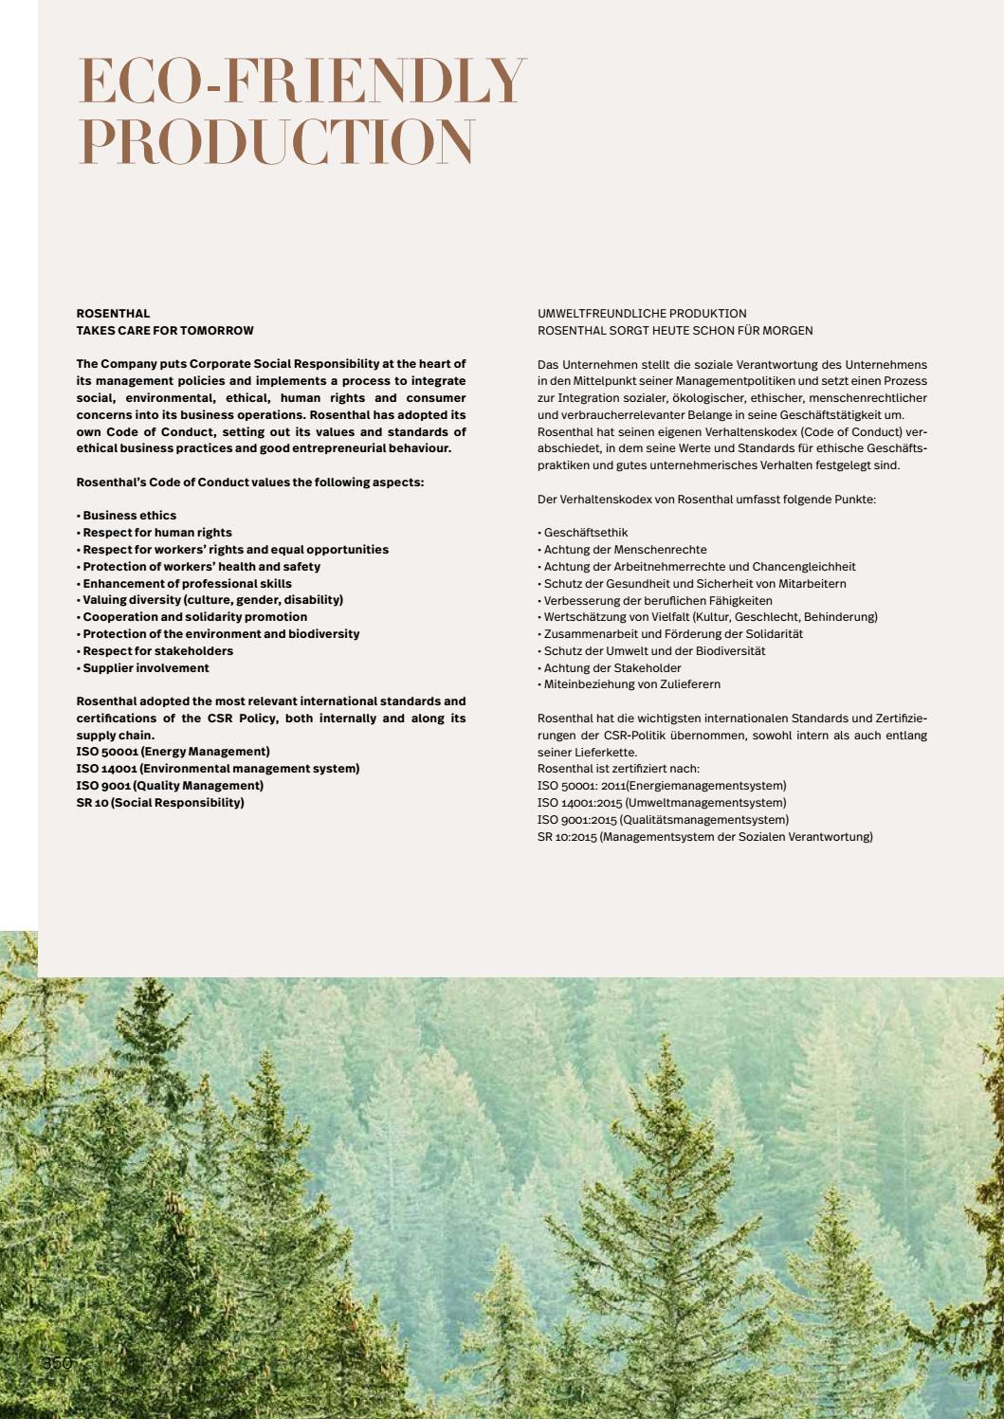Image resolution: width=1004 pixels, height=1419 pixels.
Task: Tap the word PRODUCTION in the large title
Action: click(x=276, y=142)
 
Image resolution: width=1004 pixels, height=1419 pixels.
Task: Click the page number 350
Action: click(x=57, y=1363)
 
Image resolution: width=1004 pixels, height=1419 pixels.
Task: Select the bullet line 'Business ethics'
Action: click(x=129, y=516)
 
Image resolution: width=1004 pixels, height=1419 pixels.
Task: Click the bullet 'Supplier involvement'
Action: click(x=145, y=668)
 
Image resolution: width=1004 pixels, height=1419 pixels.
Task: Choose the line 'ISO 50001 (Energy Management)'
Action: click(x=173, y=752)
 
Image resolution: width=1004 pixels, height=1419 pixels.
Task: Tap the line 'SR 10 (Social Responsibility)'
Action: click(x=160, y=803)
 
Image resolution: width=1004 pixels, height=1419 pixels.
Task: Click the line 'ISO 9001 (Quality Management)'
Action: click(x=170, y=786)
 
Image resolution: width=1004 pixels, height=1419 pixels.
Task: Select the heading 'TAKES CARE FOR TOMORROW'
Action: click(x=165, y=331)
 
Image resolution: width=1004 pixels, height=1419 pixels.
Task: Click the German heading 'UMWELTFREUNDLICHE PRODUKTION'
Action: click(x=642, y=314)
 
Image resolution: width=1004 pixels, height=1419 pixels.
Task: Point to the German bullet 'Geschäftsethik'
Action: click(x=585, y=533)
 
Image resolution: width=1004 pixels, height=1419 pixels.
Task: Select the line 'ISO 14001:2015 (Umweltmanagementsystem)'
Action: click(x=662, y=803)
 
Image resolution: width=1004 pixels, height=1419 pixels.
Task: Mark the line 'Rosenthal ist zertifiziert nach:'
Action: click(x=618, y=769)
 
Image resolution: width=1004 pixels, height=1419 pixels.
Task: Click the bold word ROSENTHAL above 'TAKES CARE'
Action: click(x=113, y=314)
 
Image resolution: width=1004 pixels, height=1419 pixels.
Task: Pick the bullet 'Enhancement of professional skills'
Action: click(x=187, y=584)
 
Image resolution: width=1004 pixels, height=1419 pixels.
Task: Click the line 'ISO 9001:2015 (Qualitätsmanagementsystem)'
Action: click(x=663, y=820)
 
